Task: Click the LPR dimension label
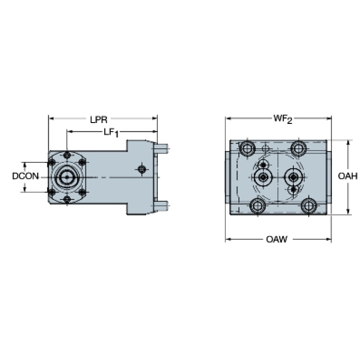point(99,119)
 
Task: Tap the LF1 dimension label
point(111,133)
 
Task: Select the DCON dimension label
point(25,176)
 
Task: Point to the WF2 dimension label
point(283,119)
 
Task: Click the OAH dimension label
point(348,176)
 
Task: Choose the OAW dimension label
point(276,239)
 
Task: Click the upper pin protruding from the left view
point(161,148)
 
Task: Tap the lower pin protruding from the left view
point(161,206)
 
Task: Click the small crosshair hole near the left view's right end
point(142,169)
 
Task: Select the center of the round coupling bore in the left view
point(67,177)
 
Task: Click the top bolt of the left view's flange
point(67,155)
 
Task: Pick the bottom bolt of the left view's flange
point(67,199)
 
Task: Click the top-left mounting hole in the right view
point(247,148)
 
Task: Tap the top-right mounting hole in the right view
point(299,148)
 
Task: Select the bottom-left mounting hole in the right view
point(257,206)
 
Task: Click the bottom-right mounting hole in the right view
point(309,206)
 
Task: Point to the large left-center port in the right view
point(263,177)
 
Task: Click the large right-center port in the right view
point(293,177)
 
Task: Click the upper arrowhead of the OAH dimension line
point(348,143)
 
